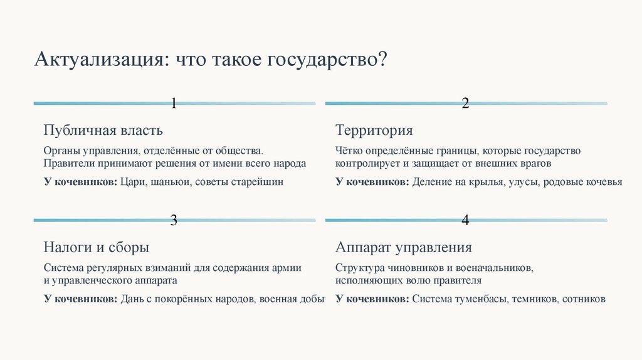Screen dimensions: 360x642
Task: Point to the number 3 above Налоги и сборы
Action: point(174,220)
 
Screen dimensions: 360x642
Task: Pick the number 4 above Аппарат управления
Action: point(465,220)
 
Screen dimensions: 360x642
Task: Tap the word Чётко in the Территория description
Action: point(349,151)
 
